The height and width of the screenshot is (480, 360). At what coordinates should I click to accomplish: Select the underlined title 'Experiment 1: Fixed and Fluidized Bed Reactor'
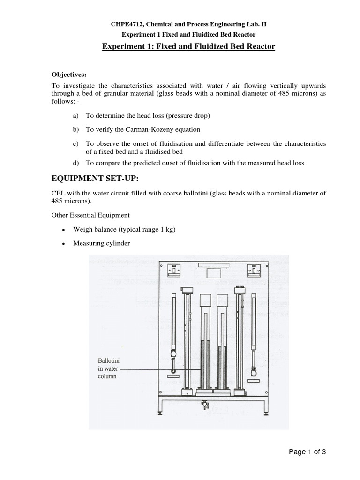pyautogui.click(x=189, y=46)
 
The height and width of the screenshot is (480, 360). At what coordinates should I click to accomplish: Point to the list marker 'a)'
pyautogui.click(x=75, y=115)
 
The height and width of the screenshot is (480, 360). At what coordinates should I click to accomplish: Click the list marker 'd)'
pyautogui.click(x=75, y=163)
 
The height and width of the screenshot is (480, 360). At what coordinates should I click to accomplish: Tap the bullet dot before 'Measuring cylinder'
pyautogui.click(x=63, y=244)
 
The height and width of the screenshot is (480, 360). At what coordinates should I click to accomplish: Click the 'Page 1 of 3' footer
pyautogui.click(x=307, y=452)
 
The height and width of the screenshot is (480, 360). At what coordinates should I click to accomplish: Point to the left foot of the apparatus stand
pyautogui.click(x=161, y=412)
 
